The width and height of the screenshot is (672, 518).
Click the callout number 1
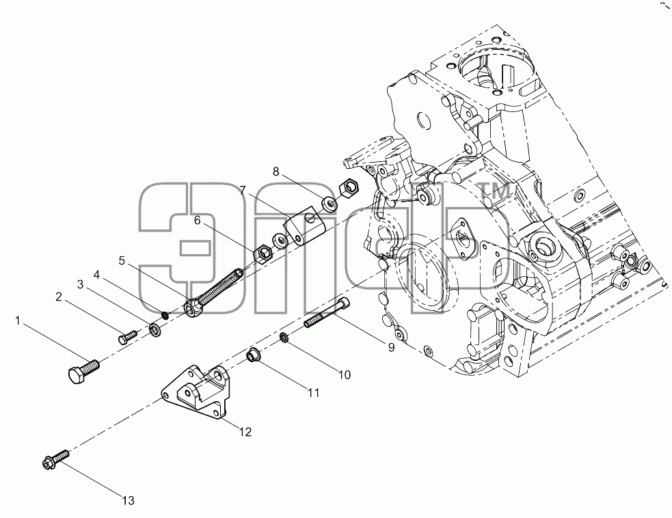(x=18, y=321)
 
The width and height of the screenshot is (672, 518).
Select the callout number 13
(x=128, y=500)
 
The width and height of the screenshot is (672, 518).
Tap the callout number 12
(x=245, y=432)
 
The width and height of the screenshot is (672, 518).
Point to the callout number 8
(x=275, y=172)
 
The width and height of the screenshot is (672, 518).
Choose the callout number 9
(x=391, y=347)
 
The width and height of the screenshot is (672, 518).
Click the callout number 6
(x=197, y=220)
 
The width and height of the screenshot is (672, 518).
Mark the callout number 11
(x=314, y=392)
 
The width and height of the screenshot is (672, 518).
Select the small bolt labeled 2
(x=127, y=336)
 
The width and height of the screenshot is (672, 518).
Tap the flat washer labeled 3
(x=154, y=330)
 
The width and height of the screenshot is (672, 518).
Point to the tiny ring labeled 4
(x=165, y=316)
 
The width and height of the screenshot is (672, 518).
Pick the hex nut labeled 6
(x=262, y=254)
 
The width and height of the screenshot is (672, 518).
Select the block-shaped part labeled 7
(x=304, y=225)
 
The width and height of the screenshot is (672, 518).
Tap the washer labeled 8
(x=329, y=203)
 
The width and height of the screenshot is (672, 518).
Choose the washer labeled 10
(x=284, y=338)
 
